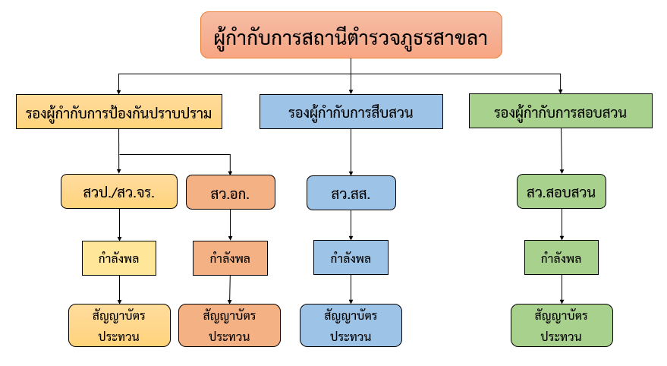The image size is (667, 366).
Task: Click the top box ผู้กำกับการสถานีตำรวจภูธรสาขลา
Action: pos(351,35)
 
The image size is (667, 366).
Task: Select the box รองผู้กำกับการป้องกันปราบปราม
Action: pos(119,112)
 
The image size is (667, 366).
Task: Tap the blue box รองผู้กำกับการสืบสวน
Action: pos(351,112)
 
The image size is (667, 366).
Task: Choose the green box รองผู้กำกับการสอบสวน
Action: pos(560,112)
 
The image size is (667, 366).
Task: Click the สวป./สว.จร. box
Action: pos(119,192)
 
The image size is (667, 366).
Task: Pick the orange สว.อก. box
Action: pos(230,192)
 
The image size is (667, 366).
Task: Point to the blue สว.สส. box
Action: pos(351,193)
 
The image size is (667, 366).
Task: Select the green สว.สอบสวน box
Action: pos(562,192)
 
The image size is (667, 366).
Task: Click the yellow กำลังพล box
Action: pos(119,257)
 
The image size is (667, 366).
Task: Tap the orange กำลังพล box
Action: pos(230,257)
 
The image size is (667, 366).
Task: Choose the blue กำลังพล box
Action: pos(351,257)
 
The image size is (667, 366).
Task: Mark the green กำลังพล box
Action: pos(562,257)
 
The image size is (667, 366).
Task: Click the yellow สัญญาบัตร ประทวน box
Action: pos(119,325)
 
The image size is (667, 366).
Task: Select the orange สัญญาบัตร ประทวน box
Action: pos(229,325)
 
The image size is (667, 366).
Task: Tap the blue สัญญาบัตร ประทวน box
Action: pos(351,325)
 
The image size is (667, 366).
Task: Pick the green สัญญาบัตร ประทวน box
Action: pos(562,325)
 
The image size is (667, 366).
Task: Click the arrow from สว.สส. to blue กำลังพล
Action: pos(351,225)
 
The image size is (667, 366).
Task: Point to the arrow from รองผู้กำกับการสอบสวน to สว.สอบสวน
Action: pos(561,152)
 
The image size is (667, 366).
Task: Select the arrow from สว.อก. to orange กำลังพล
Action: pos(230,225)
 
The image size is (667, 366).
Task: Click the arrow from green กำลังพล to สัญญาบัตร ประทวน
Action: pos(562,289)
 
